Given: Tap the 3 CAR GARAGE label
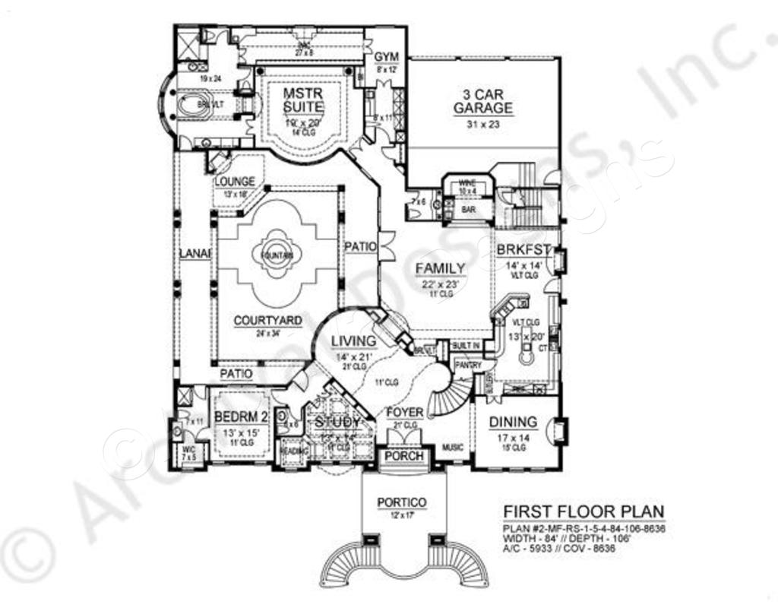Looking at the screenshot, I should click(482, 102).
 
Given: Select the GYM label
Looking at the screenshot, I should click(386, 58).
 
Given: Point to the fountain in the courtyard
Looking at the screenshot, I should click(277, 256).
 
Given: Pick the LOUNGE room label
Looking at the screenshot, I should click(235, 182).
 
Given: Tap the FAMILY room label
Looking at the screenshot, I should click(440, 268).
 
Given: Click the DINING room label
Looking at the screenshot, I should click(512, 422).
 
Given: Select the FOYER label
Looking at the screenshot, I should click(404, 413).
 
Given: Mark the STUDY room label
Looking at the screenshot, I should click(338, 422).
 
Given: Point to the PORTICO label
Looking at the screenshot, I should click(401, 502).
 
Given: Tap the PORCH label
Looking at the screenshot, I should click(404, 455).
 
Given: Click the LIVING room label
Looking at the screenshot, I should click(353, 341).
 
